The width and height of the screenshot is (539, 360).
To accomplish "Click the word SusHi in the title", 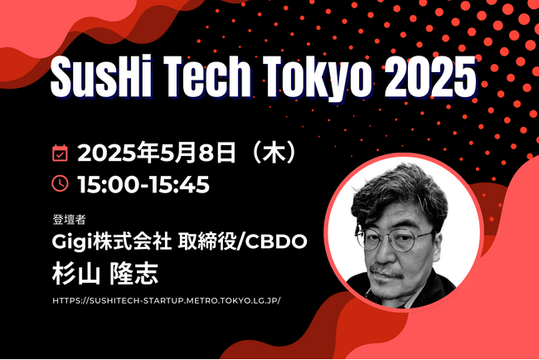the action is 101,76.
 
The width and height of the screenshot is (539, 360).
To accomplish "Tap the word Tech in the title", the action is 207,76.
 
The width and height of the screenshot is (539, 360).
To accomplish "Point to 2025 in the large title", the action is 430,76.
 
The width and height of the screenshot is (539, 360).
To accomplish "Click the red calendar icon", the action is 60,153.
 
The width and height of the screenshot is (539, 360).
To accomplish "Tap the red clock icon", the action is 60,183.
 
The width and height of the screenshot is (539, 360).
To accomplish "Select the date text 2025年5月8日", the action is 157,153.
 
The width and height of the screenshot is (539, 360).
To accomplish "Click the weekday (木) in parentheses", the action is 274,153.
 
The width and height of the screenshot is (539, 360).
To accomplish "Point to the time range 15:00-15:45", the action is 143,184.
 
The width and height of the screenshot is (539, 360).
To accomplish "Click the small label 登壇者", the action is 69,219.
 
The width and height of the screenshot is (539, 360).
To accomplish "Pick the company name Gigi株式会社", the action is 112,241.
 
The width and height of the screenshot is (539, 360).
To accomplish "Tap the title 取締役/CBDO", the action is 243,241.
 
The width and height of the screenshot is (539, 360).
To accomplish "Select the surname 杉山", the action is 76,274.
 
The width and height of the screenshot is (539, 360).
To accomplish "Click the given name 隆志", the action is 134,274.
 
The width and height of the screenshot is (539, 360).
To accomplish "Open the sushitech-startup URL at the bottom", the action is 167,300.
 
